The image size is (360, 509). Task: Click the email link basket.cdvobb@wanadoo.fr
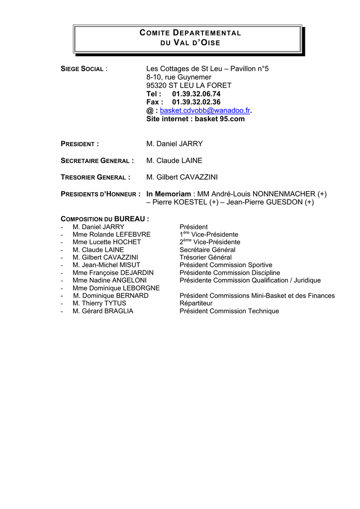[205, 110]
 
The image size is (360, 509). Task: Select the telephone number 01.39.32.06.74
[196, 93]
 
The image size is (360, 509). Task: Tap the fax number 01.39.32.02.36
[196, 102]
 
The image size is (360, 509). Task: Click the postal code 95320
[157, 85]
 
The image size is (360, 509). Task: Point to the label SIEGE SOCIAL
[82, 69]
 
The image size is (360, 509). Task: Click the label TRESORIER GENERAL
[94, 177]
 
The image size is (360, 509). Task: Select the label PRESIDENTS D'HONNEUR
[99, 194]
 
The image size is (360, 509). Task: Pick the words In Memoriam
[169, 193]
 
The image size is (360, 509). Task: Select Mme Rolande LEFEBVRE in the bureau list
[111, 235]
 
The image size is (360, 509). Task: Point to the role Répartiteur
[196, 303]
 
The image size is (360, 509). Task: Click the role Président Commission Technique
[229, 311]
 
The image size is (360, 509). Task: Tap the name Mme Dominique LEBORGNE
[116, 288]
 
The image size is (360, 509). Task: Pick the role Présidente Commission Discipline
[230, 273]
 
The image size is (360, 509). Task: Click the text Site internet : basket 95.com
[195, 119]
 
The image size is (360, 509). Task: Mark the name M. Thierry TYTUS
[99, 303]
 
